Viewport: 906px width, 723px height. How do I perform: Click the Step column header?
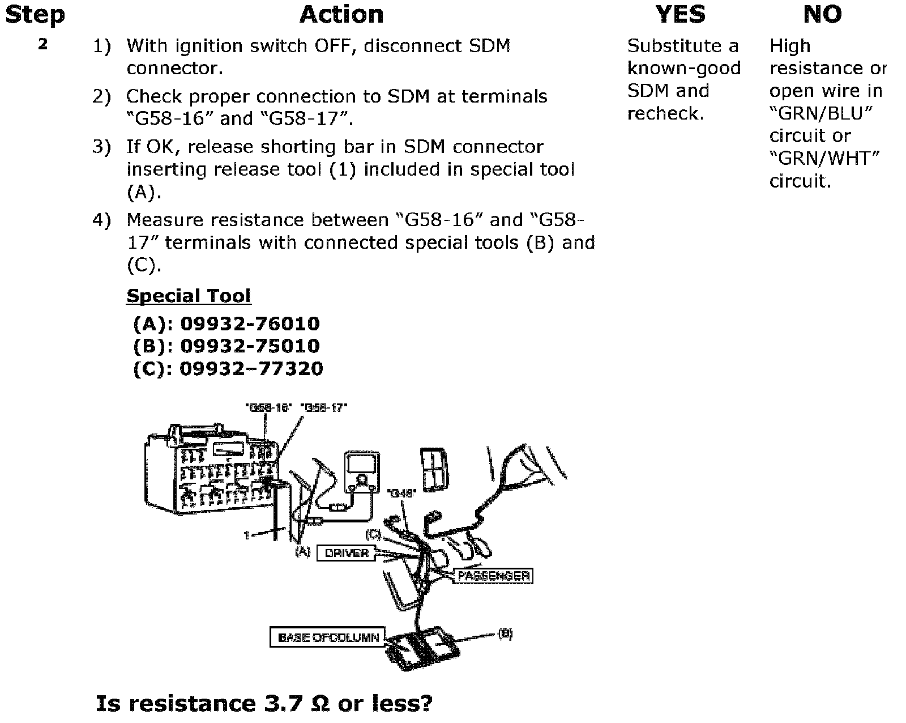coord(35,15)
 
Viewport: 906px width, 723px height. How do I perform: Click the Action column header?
coord(341,15)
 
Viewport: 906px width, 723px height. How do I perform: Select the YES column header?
coord(680,15)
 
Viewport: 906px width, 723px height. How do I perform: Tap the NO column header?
coord(822,15)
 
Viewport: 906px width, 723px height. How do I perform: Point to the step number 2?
coord(43,44)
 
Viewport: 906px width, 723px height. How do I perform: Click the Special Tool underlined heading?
coord(188,296)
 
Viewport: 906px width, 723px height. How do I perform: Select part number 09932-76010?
coord(250,324)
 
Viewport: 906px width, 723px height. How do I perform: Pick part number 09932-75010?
coord(250,346)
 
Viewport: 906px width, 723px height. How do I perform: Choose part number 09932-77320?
coord(251,368)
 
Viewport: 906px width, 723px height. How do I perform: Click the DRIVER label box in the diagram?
coord(347,553)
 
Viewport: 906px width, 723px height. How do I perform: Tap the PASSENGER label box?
coord(493,576)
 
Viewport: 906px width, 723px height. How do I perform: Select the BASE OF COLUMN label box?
coord(328,637)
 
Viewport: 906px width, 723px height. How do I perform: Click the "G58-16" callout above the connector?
coord(268,407)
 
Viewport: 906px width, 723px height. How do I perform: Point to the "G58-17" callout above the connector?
coord(324,407)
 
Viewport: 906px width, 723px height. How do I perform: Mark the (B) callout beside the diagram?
coord(505,634)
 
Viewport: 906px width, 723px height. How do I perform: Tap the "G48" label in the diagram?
coord(401,493)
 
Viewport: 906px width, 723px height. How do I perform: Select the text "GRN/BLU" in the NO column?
coord(820,113)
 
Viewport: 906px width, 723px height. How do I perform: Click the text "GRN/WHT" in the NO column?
coord(824,158)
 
